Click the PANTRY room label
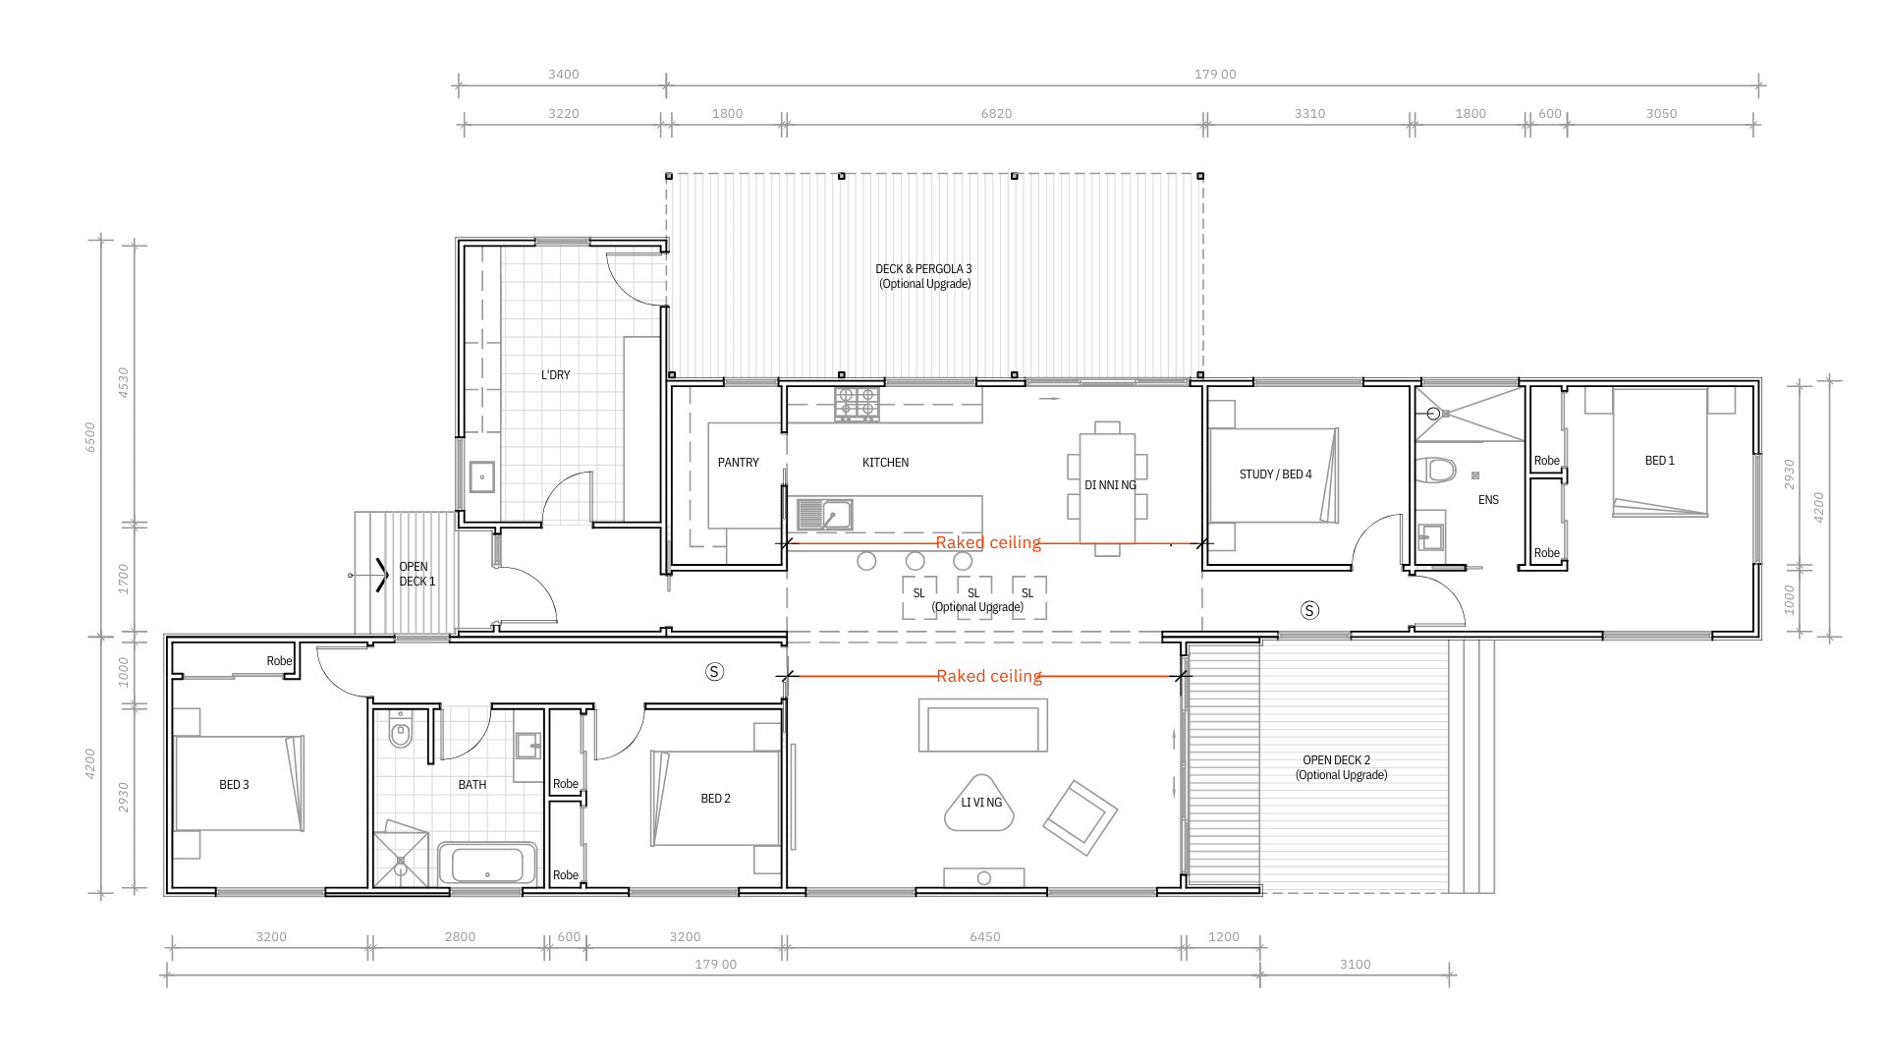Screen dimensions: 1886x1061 [738, 463]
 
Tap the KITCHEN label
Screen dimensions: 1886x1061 [885, 463]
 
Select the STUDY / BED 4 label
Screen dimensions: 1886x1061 [1275, 475]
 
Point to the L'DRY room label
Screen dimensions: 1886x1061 [555, 375]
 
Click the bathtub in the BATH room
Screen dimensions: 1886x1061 [487, 865]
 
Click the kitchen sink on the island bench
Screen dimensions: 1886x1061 [824, 515]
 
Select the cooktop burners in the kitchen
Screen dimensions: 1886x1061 [857, 404]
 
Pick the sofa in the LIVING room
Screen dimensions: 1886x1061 [983, 725]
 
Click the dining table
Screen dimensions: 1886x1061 [1107, 487]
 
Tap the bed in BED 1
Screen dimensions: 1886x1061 [1660, 452]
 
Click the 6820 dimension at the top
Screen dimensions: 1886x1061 [996, 114]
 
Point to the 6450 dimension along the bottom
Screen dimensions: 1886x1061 [984, 937]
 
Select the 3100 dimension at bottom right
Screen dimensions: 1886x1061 [1355, 965]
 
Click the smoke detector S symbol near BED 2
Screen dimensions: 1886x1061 [714, 672]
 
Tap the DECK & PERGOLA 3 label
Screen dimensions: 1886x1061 [923, 269]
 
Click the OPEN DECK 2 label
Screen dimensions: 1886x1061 [1336, 760]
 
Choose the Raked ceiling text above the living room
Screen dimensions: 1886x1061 [989, 676]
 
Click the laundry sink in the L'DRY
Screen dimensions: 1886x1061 [481, 476]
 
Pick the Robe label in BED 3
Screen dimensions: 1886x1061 [279, 661]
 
